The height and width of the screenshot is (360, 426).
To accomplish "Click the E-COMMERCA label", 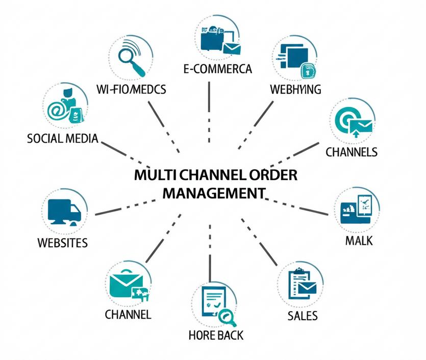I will pos(218,69).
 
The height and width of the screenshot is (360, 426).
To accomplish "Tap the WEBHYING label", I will pos(295,89).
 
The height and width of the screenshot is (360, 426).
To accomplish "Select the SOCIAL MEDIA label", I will pos(63,138).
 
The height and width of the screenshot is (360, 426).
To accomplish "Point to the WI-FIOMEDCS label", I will pos(131,89).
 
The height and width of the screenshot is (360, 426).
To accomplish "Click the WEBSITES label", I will pos(63,242).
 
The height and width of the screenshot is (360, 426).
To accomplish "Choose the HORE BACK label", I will pos(216,335).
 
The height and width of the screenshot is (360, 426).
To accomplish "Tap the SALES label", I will pos(303,315).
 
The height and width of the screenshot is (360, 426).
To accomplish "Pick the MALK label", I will pos(359,240).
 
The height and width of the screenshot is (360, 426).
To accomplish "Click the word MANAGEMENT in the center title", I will pos(215,193).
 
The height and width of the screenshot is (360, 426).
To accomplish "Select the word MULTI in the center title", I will pos(152,175).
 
